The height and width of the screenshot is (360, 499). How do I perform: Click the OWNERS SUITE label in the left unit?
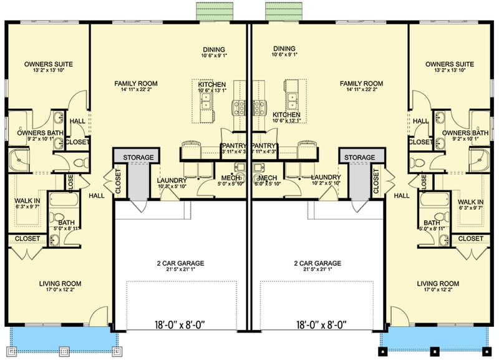tap(49, 64)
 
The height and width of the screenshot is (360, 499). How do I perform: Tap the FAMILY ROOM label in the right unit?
tap(361, 83)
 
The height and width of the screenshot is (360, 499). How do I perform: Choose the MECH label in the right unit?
tap(267, 178)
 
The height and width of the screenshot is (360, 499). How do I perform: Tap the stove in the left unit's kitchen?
tap(237, 108)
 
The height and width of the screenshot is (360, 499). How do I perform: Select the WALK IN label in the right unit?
tap(471, 202)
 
